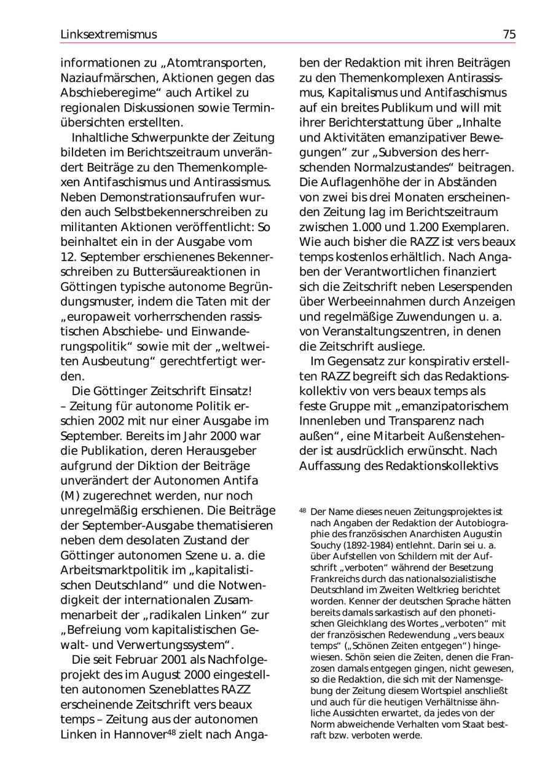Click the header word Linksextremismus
click(x=109, y=34)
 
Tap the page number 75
click(x=509, y=34)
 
